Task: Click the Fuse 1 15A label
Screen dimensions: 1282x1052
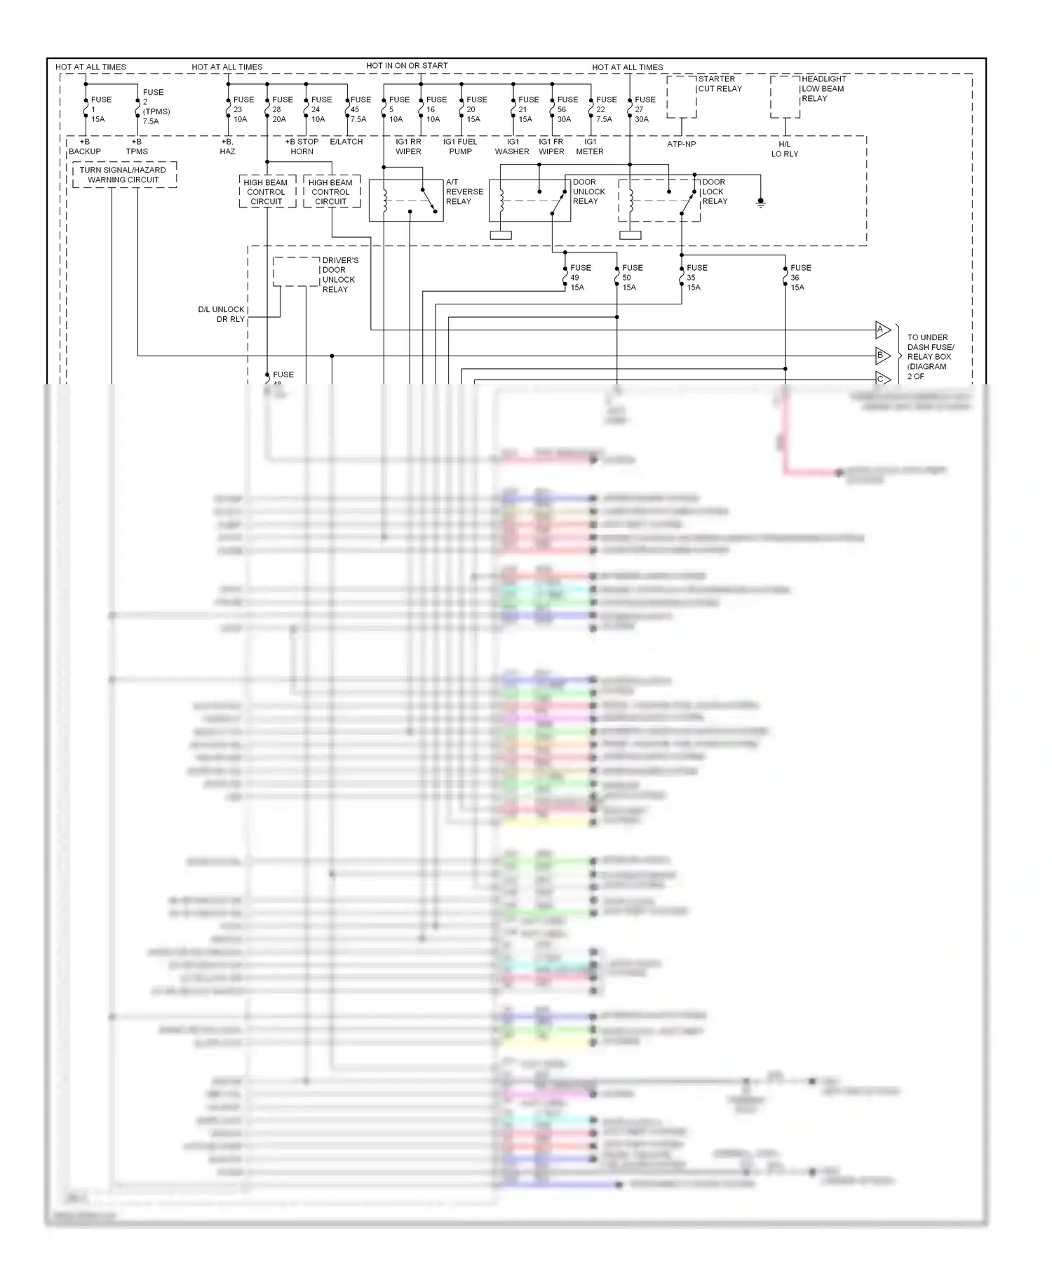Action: pos(100,109)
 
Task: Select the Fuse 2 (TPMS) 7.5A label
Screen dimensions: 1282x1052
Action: pos(156,107)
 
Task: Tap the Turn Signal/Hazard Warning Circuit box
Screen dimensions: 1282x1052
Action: pos(123,175)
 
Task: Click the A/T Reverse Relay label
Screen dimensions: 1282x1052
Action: pos(464,191)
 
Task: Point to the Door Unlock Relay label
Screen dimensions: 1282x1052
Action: pos(588,191)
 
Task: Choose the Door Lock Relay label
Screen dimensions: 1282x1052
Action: pos(715,191)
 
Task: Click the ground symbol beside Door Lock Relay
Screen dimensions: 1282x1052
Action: pos(760,202)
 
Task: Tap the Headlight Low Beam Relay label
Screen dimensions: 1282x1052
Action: pos(823,88)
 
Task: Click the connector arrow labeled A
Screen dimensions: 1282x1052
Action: pos(882,330)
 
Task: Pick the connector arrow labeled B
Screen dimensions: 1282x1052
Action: pos(882,356)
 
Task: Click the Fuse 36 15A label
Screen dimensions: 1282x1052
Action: pos(800,278)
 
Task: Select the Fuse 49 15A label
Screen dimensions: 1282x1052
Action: pos(580,278)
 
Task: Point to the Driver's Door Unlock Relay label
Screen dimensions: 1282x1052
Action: pos(339,275)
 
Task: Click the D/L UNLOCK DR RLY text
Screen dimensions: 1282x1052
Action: pos(222,314)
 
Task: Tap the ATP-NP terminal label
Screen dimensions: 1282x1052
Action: pos(681,144)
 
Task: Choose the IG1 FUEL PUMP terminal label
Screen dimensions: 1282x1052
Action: pos(460,147)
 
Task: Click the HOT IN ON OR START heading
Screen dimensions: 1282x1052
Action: pos(407,66)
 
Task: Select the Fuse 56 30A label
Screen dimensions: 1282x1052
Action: pos(567,109)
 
